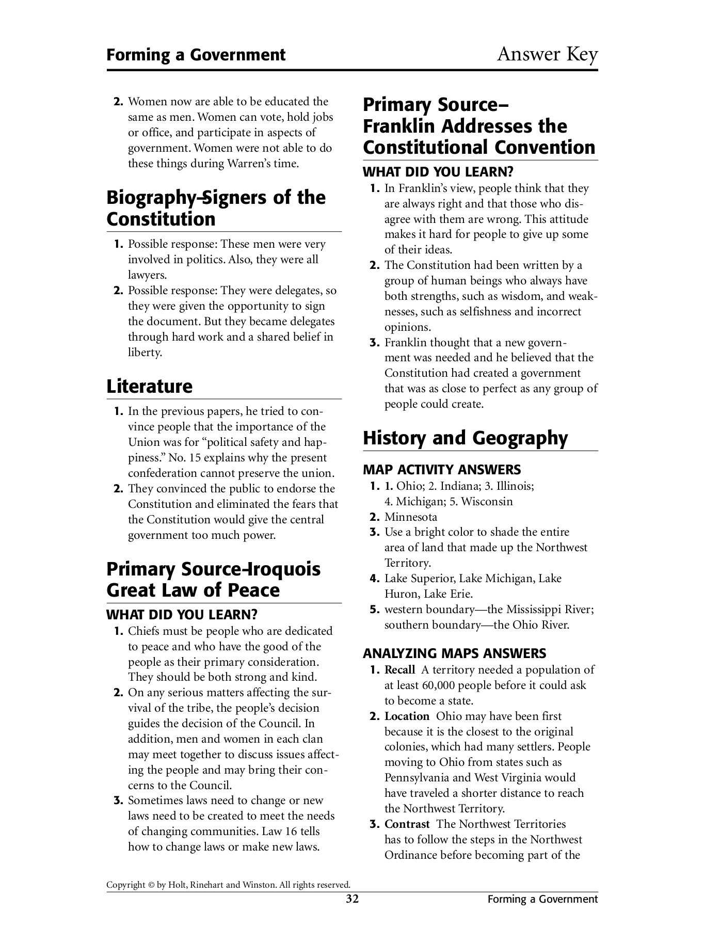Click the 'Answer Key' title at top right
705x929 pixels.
click(x=547, y=54)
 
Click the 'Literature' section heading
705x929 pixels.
click(x=149, y=386)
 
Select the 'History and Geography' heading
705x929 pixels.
click(x=465, y=438)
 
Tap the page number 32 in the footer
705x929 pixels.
click(x=352, y=899)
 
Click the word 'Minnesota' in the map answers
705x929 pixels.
click(x=411, y=517)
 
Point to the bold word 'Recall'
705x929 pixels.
click(x=399, y=670)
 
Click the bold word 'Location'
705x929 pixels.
click(x=407, y=716)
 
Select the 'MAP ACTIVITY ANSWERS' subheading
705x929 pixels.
click(x=442, y=470)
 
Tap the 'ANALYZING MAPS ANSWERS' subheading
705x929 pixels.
click(x=454, y=653)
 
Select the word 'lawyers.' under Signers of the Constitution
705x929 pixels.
click(x=148, y=275)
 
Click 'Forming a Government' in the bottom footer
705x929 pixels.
click(x=542, y=899)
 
